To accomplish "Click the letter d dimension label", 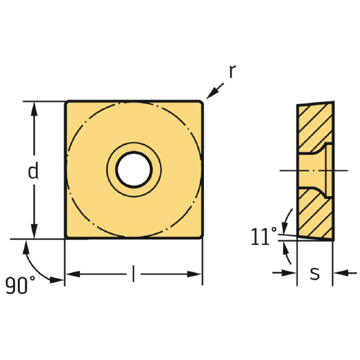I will coord(34,172).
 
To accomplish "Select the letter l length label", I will coord(133,274).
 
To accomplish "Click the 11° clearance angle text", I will coord(264,237).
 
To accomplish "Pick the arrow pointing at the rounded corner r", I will coord(214,91).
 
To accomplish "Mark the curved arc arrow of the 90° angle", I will coord(39,264).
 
